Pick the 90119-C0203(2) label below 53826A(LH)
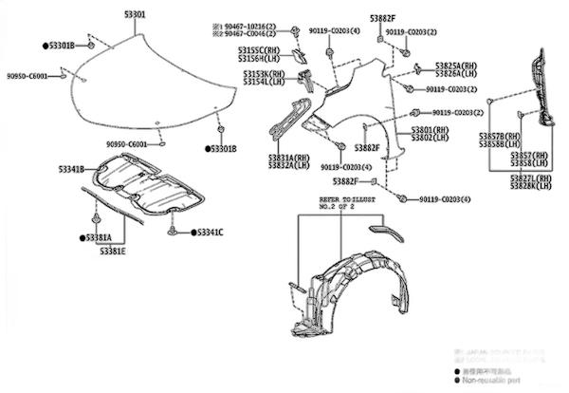[450, 89]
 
